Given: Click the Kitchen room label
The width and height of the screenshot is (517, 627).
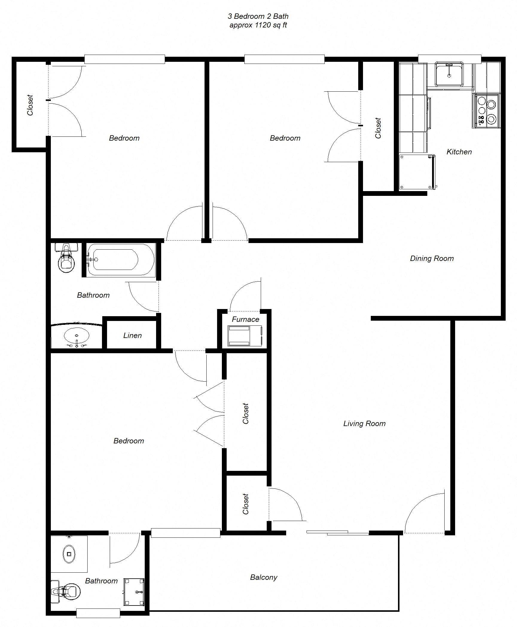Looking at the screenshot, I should tap(459, 152).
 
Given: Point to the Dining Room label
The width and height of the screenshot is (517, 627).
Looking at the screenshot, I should tap(431, 258).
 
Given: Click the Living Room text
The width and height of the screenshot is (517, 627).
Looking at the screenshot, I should tap(364, 423).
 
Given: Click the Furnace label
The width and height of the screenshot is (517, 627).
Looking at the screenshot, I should tap(245, 319).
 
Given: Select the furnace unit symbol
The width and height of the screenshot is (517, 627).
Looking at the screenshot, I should tap(245, 336).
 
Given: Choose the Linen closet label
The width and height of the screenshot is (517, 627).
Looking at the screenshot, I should tap(132, 335).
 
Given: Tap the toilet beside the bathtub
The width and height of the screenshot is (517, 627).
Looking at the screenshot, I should tap(66, 258).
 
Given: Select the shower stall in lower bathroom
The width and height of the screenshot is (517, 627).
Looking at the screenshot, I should tap(134, 592).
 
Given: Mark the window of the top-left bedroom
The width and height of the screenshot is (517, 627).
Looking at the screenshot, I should tap(124, 59).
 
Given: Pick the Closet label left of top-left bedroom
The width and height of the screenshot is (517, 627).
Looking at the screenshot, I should tap(30, 105).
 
